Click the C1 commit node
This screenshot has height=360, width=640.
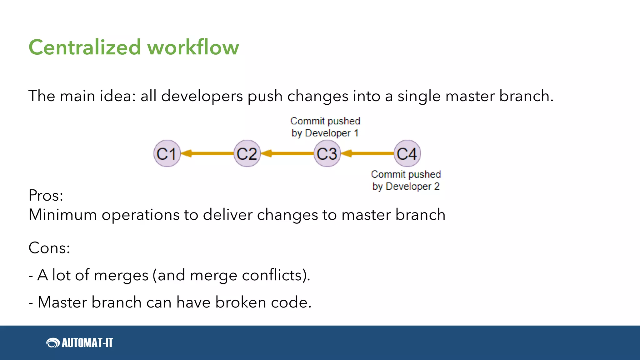pyautogui.click(x=167, y=153)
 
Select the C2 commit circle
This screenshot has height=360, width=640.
pyautogui.click(x=247, y=153)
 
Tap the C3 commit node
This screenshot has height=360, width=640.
pyautogui.click(x=327, y=153)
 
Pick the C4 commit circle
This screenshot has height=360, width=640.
pyautogui.click(x=407, y=153)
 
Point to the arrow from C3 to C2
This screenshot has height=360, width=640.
pyautogui.click(x=287, y=153)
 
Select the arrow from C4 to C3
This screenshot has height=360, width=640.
pyautogui.click(x=367, y=153)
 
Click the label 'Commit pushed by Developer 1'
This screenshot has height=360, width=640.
pyautogui.click(x=325, y=127)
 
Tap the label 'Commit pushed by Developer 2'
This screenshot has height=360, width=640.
pyautogui.click(x=406, y=180)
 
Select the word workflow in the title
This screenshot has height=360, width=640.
pyautogui.click(x=193, y=47)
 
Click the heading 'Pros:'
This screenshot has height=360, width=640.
pyautogui.click(x=46, y=196)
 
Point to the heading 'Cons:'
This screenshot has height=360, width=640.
pyautogui.click(x=49, y=248)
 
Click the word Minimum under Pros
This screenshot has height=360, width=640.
pyautogui.click(x=62, y=215)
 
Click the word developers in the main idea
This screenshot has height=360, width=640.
pyautogui.click(x=202, y=96)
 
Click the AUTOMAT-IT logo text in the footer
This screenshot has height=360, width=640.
pyautogui.click(x=87, y=343)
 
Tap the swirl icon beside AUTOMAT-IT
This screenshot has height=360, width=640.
pyautogui.click(x=53, y=343)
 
